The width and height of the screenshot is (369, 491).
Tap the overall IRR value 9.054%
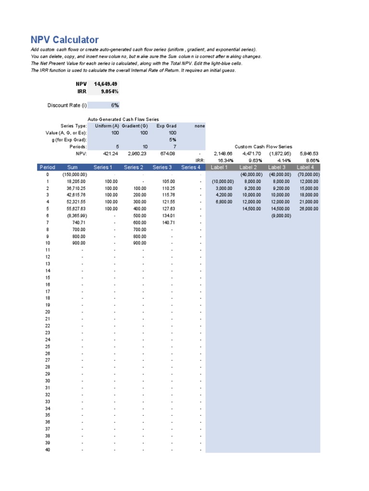[109, 91]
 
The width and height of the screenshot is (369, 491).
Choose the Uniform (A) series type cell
[106, 126]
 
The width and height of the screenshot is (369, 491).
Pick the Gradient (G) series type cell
[135, 126]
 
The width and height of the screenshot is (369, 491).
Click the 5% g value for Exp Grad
[172, 140]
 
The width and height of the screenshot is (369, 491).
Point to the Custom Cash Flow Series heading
[263, 147]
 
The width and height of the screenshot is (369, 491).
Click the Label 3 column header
[277, 167]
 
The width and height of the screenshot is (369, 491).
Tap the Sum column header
[73, 167]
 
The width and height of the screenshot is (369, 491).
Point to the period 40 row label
[48, 450]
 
